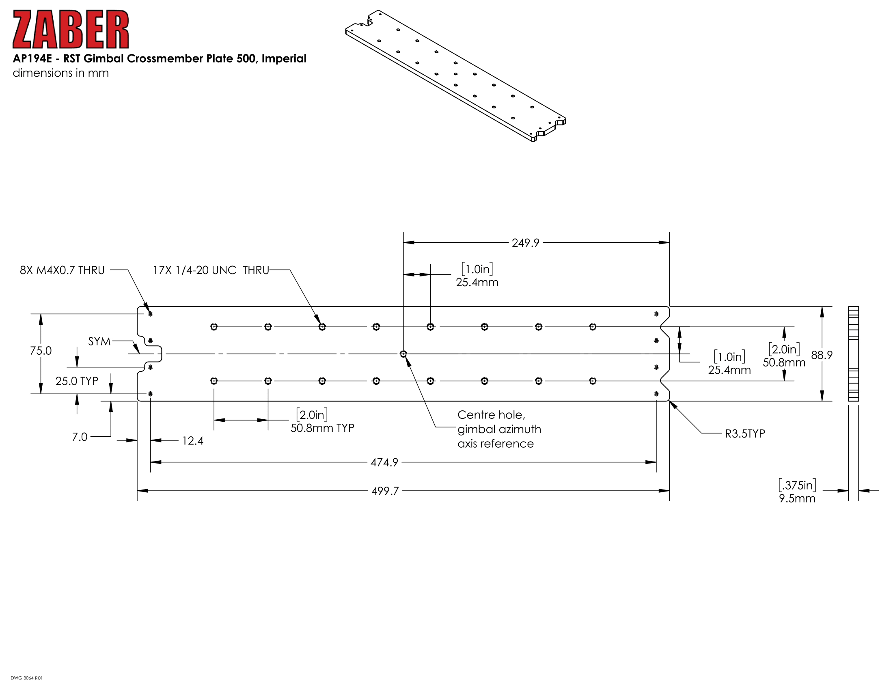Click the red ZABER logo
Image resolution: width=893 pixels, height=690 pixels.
[71, 30]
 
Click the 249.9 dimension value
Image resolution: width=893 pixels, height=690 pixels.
[525, 243]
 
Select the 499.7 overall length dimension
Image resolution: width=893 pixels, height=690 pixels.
[385, 491]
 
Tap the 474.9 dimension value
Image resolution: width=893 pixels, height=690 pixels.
[384, 462]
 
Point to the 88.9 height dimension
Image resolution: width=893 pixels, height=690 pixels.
[822, 355]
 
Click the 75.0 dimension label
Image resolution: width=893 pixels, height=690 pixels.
[41, 351]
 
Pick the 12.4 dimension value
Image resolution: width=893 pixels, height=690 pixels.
[192, 441]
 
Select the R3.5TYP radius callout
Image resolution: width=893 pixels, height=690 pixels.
[745, 434]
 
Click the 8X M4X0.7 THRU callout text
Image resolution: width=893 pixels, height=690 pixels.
[62, 270]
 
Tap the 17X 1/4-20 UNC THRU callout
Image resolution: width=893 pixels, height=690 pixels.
[211, 270]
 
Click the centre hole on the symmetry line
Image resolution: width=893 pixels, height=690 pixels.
[403, 354]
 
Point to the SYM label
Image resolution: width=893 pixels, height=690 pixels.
[99, 341]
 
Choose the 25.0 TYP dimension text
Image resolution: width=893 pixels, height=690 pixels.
[77, 381]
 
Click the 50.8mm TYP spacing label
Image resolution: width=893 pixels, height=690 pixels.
[322, 428]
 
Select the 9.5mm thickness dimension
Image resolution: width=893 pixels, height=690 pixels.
[797, 498]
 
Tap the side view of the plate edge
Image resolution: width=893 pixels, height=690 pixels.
[853, 354]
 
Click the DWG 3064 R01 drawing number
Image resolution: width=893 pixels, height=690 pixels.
[26, 678]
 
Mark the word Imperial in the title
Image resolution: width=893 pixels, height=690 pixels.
[284, 59]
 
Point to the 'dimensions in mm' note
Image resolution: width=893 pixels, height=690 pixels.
[61, 73]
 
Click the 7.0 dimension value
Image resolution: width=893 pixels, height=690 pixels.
[80, 437]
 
